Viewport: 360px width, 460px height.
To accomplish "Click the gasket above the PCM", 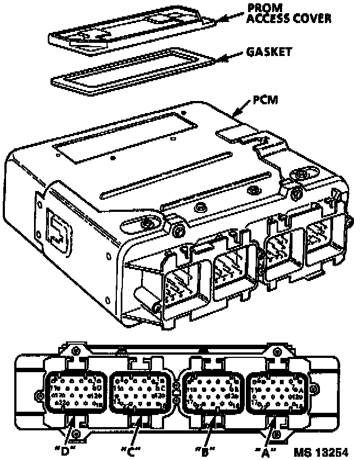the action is [126, 71].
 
